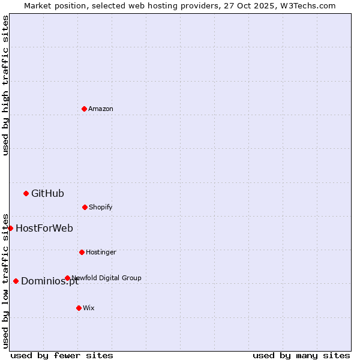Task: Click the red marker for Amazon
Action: click(84, 109)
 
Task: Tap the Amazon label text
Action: click(101, 109)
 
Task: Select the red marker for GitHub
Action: click(26, 193)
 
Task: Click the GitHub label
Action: click(47, 193)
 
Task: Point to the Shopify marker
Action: click(85, 207)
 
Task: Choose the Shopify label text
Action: click(101, 208)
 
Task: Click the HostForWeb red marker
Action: click(10, 228)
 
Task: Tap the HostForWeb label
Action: click(44, 228)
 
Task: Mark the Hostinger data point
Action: click(82, 252)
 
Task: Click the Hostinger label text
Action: click(101, 253)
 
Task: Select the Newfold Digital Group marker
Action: click(67, 278)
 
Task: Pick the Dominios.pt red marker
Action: click(16, 281)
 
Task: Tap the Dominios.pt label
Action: click(50, 281)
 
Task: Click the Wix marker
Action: click(79, 308)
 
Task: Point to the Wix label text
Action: click(89, 308)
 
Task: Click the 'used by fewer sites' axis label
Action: click(62, 355)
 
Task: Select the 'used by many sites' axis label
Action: click(301, 355)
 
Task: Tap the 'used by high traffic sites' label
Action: click(5, 85)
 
